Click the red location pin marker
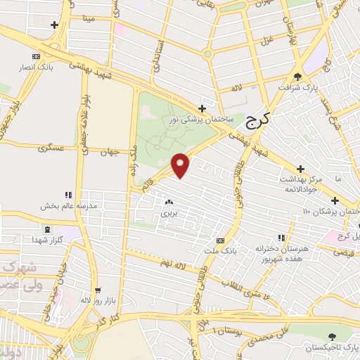pos(181,165)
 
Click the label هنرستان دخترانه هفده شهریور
pos(281,255)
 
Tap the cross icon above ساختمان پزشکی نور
pos(202,108)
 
